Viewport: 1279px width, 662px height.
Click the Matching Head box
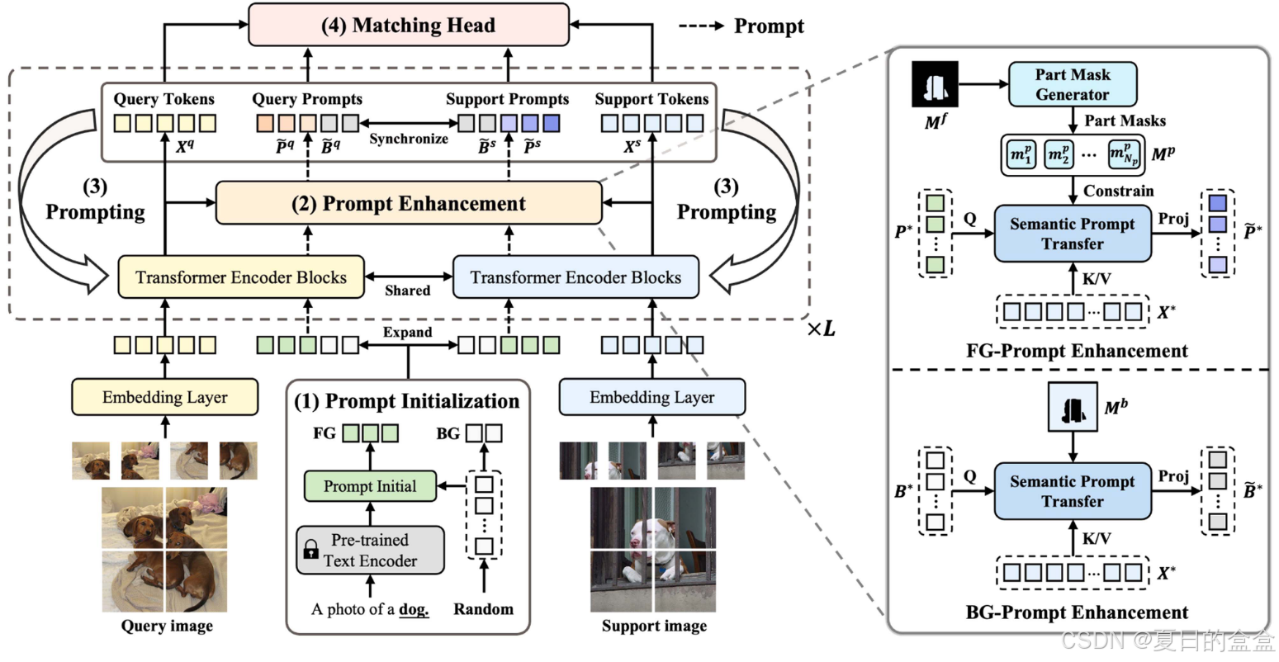pyautogui.click(x=409, y=25)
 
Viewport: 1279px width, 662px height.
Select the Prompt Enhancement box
pyautogui.click(x=409, y=204)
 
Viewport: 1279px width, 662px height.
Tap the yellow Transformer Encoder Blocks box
pyautogui.click(x=241, y=277)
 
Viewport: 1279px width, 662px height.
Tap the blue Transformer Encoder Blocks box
pyautogui.click(x=576, y=277)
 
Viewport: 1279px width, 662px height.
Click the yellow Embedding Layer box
pyautogui.click(x=164, y=397)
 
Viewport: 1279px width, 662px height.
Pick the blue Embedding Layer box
pyautogui.click(x=651, y=397)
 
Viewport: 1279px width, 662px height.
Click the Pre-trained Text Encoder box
pyautogui.click(x=370, y=550)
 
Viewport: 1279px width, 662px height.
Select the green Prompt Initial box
pyautogui.click(x=370, y=486)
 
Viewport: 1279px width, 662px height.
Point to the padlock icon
pyautogui.click(x=311, y=550)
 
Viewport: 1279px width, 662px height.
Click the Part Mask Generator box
pyautogui.click(x=1072, y=84)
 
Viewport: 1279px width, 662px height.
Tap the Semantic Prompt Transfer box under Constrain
pyautogui.click(x=1072, y=234)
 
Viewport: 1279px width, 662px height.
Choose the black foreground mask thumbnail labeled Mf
pyautogui.click(x=936, y=84)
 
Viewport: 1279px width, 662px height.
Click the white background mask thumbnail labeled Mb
pyautogui.click(x=1073, y=407)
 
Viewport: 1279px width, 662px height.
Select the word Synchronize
pyautogui.click(x=409, y=139)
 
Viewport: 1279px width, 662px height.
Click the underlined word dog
pyautogui.click(x=414, y=610)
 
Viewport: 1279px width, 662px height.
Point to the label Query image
pyautogui.click(x=167, y=626)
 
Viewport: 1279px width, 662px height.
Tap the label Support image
pyautogui.click(x=654, y=626)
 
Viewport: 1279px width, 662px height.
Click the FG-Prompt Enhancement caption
pyautogui.click(x=1077, y=351)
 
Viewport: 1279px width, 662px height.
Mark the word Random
pyautogui.click(x=483, y=609)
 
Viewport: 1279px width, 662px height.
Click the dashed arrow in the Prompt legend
pyautogui.click(x=701, y=26)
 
